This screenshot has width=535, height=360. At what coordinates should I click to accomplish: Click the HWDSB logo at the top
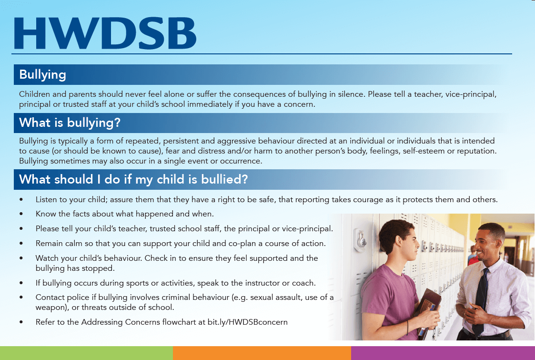(105, 33)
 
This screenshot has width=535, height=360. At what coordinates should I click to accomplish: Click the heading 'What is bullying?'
(70, 123)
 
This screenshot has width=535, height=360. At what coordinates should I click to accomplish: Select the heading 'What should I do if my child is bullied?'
(133, 179)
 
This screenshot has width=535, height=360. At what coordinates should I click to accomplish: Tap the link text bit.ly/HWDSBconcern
(247, 322)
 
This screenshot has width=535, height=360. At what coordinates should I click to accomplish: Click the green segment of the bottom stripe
(86, 353)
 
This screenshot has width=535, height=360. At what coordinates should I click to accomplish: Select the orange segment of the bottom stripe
(262, 353)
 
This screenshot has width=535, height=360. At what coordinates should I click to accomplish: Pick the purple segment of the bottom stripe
(443, 353)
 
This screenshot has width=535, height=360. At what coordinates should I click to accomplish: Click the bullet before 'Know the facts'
(21, 214)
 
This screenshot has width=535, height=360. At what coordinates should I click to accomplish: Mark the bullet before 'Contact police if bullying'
(21, 298)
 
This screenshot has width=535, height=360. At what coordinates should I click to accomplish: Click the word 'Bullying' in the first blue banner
(43, 75)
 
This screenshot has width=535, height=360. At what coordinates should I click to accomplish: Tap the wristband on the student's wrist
(407, 327)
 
